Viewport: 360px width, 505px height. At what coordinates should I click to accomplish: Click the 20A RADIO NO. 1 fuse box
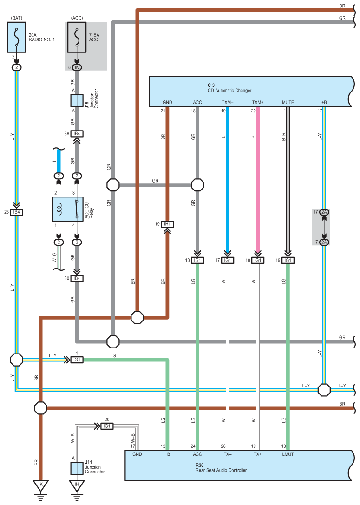click(x=17, y=37)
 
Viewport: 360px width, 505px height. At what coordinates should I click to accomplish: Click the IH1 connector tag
click(x=167, y=224)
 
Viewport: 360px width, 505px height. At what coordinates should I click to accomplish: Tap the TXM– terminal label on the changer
click(x=227, y=102)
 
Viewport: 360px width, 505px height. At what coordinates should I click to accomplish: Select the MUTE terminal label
click(x=288, y=102)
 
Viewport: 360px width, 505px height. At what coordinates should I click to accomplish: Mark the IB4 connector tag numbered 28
click(x=17, y=212)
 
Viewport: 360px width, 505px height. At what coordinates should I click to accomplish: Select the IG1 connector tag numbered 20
click(x=107, y=426)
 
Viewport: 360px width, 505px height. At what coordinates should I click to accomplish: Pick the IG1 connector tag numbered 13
click(x=197, y=261)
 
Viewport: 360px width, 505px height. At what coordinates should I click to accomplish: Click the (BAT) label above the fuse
click(x=17, y=18)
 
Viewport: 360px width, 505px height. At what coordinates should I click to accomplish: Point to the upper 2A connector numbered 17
click(x=324, y=212)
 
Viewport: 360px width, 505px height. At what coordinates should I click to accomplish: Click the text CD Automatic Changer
click(x=229, y=91)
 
